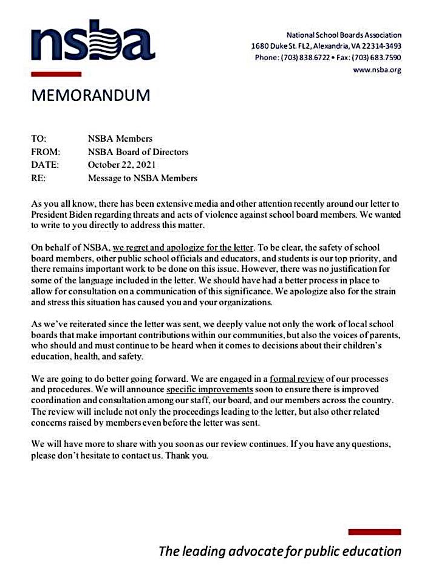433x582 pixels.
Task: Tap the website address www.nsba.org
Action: (x=377, y=70)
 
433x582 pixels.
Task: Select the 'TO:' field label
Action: (x=38, y=139)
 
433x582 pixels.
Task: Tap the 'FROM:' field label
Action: (x=44, y=152)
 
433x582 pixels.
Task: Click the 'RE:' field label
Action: (x=38, y=178)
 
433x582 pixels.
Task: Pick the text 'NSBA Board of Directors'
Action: (x=138, y=152)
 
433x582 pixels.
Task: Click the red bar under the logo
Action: (x=56, y=74)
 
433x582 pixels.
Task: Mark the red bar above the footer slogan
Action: (x=374, y=532)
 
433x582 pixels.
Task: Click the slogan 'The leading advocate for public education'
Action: (x=280, y=552)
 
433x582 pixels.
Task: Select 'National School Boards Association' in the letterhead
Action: (x=344, y=35)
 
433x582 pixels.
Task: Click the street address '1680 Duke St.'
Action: (x=274, y=46)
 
